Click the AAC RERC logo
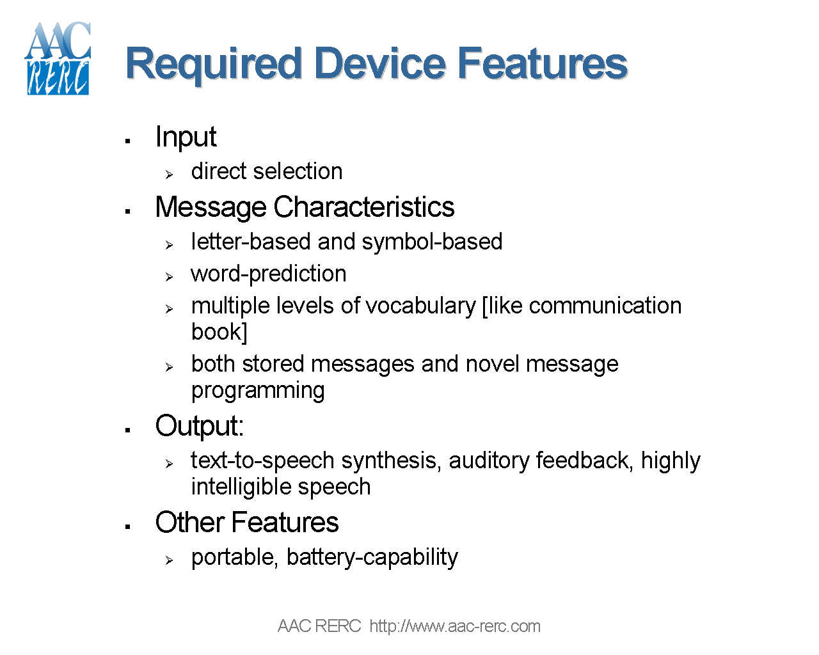point(58,59)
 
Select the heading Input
point(186,137)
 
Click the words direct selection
point(266,171)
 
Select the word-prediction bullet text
point(268,274)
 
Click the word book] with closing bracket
point(219,332)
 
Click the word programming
point(257,390)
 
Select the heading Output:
point(199,426)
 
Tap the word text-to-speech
point(262,461)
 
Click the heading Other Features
point(246,523)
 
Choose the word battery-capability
point(372,557)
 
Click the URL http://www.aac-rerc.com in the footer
point(454,626)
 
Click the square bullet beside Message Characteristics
point(128,211)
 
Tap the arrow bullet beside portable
point(169,560)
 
